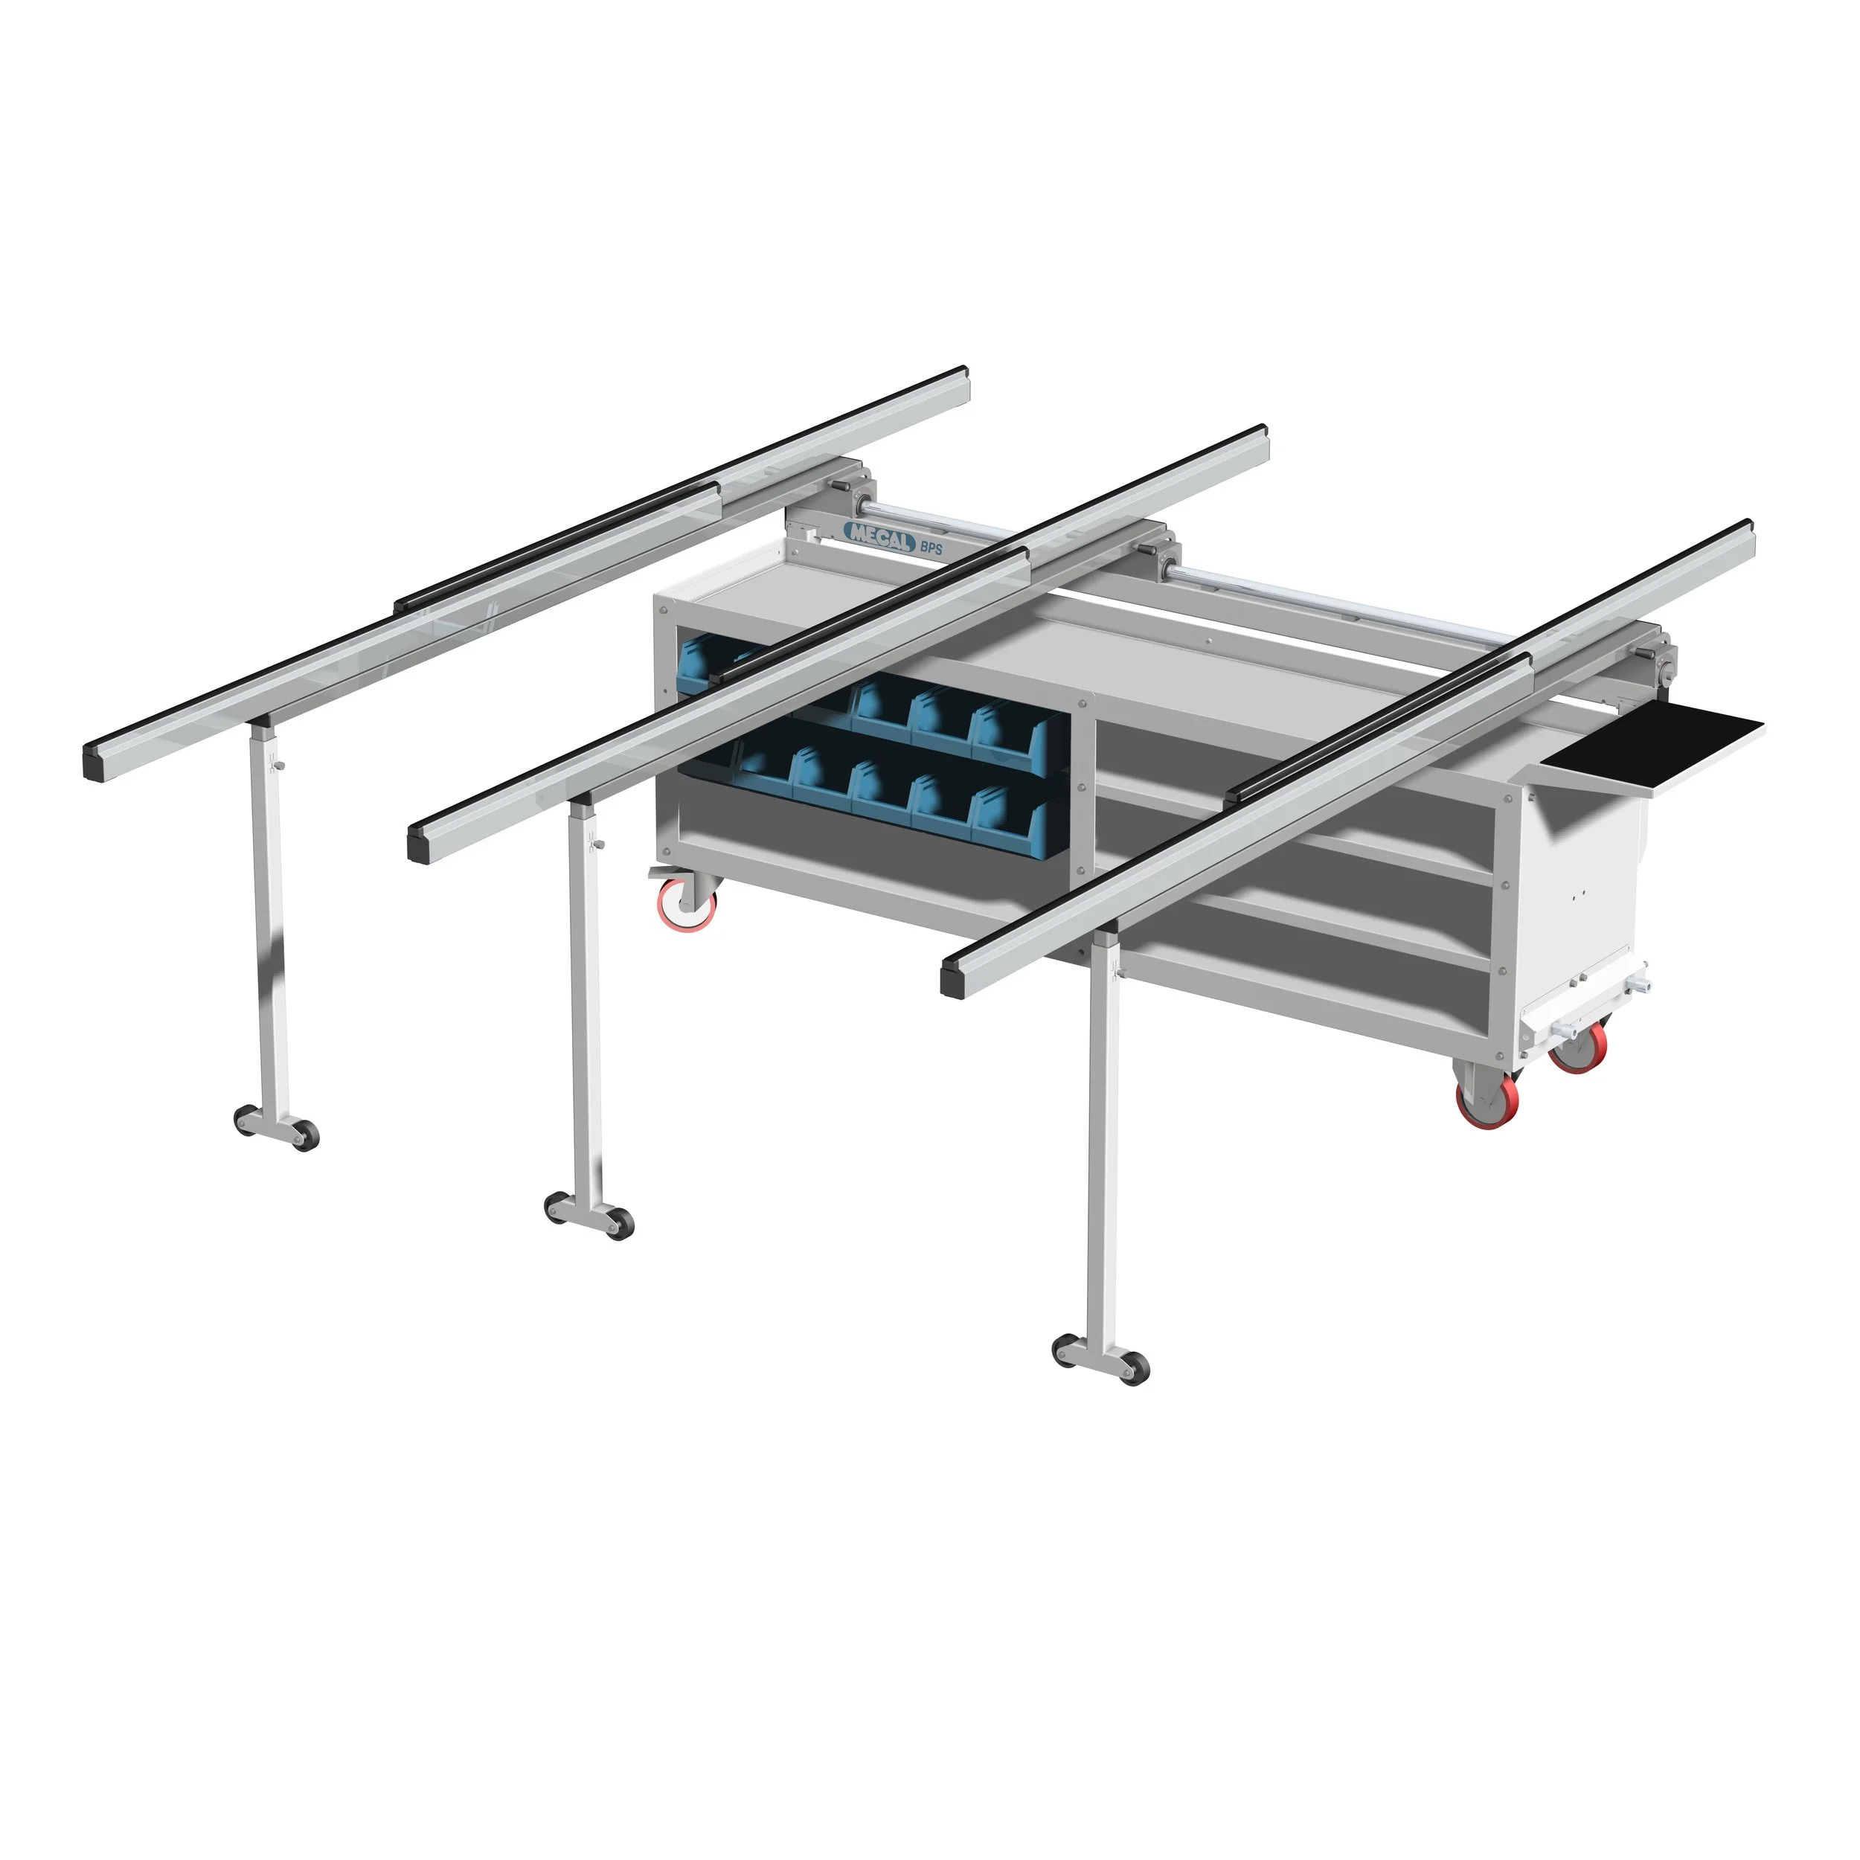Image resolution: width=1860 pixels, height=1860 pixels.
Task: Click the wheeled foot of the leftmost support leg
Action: pos(276,1126)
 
